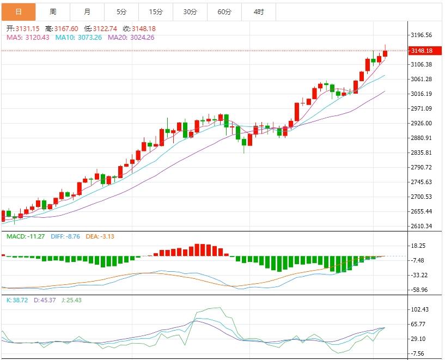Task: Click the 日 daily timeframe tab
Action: [x=19, y=11]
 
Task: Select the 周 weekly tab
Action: [x=53, y=11]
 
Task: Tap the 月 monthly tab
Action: [x=87, y=11]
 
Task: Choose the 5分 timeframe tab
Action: [x=121, y=11]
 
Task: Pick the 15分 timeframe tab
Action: [x=156, y=11]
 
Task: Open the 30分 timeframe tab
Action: [x=190, y=11]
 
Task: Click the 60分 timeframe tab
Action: [x=224, y=11]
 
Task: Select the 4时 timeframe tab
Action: [x=259, y=11]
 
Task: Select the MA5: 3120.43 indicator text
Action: [x=28, y=37]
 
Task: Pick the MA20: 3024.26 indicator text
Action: [x=131, y=37]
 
